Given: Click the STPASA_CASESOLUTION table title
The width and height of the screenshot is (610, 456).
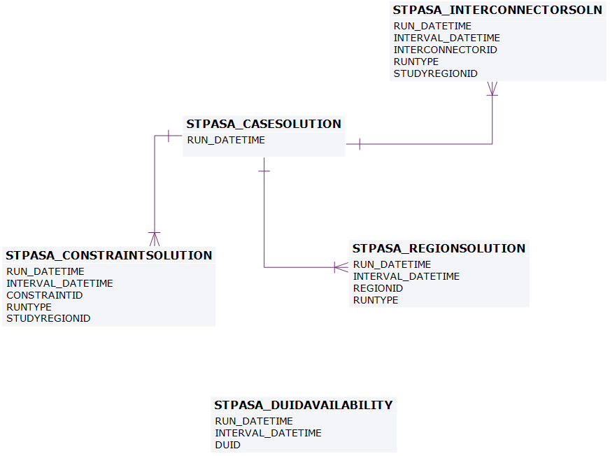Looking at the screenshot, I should [264, 124].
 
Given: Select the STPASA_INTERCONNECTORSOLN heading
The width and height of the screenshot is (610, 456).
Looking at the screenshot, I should [497, 10].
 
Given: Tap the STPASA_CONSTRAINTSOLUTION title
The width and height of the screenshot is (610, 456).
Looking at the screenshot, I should [108, 255].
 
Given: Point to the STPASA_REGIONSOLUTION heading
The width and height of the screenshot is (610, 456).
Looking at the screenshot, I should [439, 248].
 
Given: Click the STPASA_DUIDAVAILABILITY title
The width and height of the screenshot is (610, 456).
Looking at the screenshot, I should [304, 405].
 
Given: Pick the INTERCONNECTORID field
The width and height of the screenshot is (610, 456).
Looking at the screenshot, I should [445, 50].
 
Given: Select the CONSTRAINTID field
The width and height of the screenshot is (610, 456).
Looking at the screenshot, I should [45, 295].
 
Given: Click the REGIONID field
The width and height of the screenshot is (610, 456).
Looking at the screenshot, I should [378, 288].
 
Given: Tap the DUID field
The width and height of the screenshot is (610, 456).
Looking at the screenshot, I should [227, 445].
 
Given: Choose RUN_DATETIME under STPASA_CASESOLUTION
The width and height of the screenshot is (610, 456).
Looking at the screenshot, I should [226, 140].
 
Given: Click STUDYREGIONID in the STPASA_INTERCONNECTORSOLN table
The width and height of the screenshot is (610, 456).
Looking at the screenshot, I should [435, 73].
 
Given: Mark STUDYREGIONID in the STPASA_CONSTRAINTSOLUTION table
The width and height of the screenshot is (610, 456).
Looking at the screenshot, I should [48, 318].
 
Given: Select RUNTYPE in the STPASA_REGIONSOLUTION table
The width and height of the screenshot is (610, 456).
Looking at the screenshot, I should [376, 300].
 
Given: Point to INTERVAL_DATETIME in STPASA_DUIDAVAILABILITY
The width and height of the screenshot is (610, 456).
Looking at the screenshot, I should [268, 433].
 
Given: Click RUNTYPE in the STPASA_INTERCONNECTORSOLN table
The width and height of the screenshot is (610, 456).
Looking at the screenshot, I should [416, 62].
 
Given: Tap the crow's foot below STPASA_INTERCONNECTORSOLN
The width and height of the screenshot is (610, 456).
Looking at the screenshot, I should [492, 89].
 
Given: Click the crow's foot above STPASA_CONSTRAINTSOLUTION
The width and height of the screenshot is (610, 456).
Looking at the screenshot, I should [154, 238].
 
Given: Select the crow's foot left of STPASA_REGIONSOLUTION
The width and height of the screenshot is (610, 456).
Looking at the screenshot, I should [341, 267].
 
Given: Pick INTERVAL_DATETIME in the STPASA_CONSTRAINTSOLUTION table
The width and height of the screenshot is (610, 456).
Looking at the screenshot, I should [59, 283].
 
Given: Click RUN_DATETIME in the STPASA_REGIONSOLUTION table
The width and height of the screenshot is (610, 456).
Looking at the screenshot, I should [392, 264].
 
